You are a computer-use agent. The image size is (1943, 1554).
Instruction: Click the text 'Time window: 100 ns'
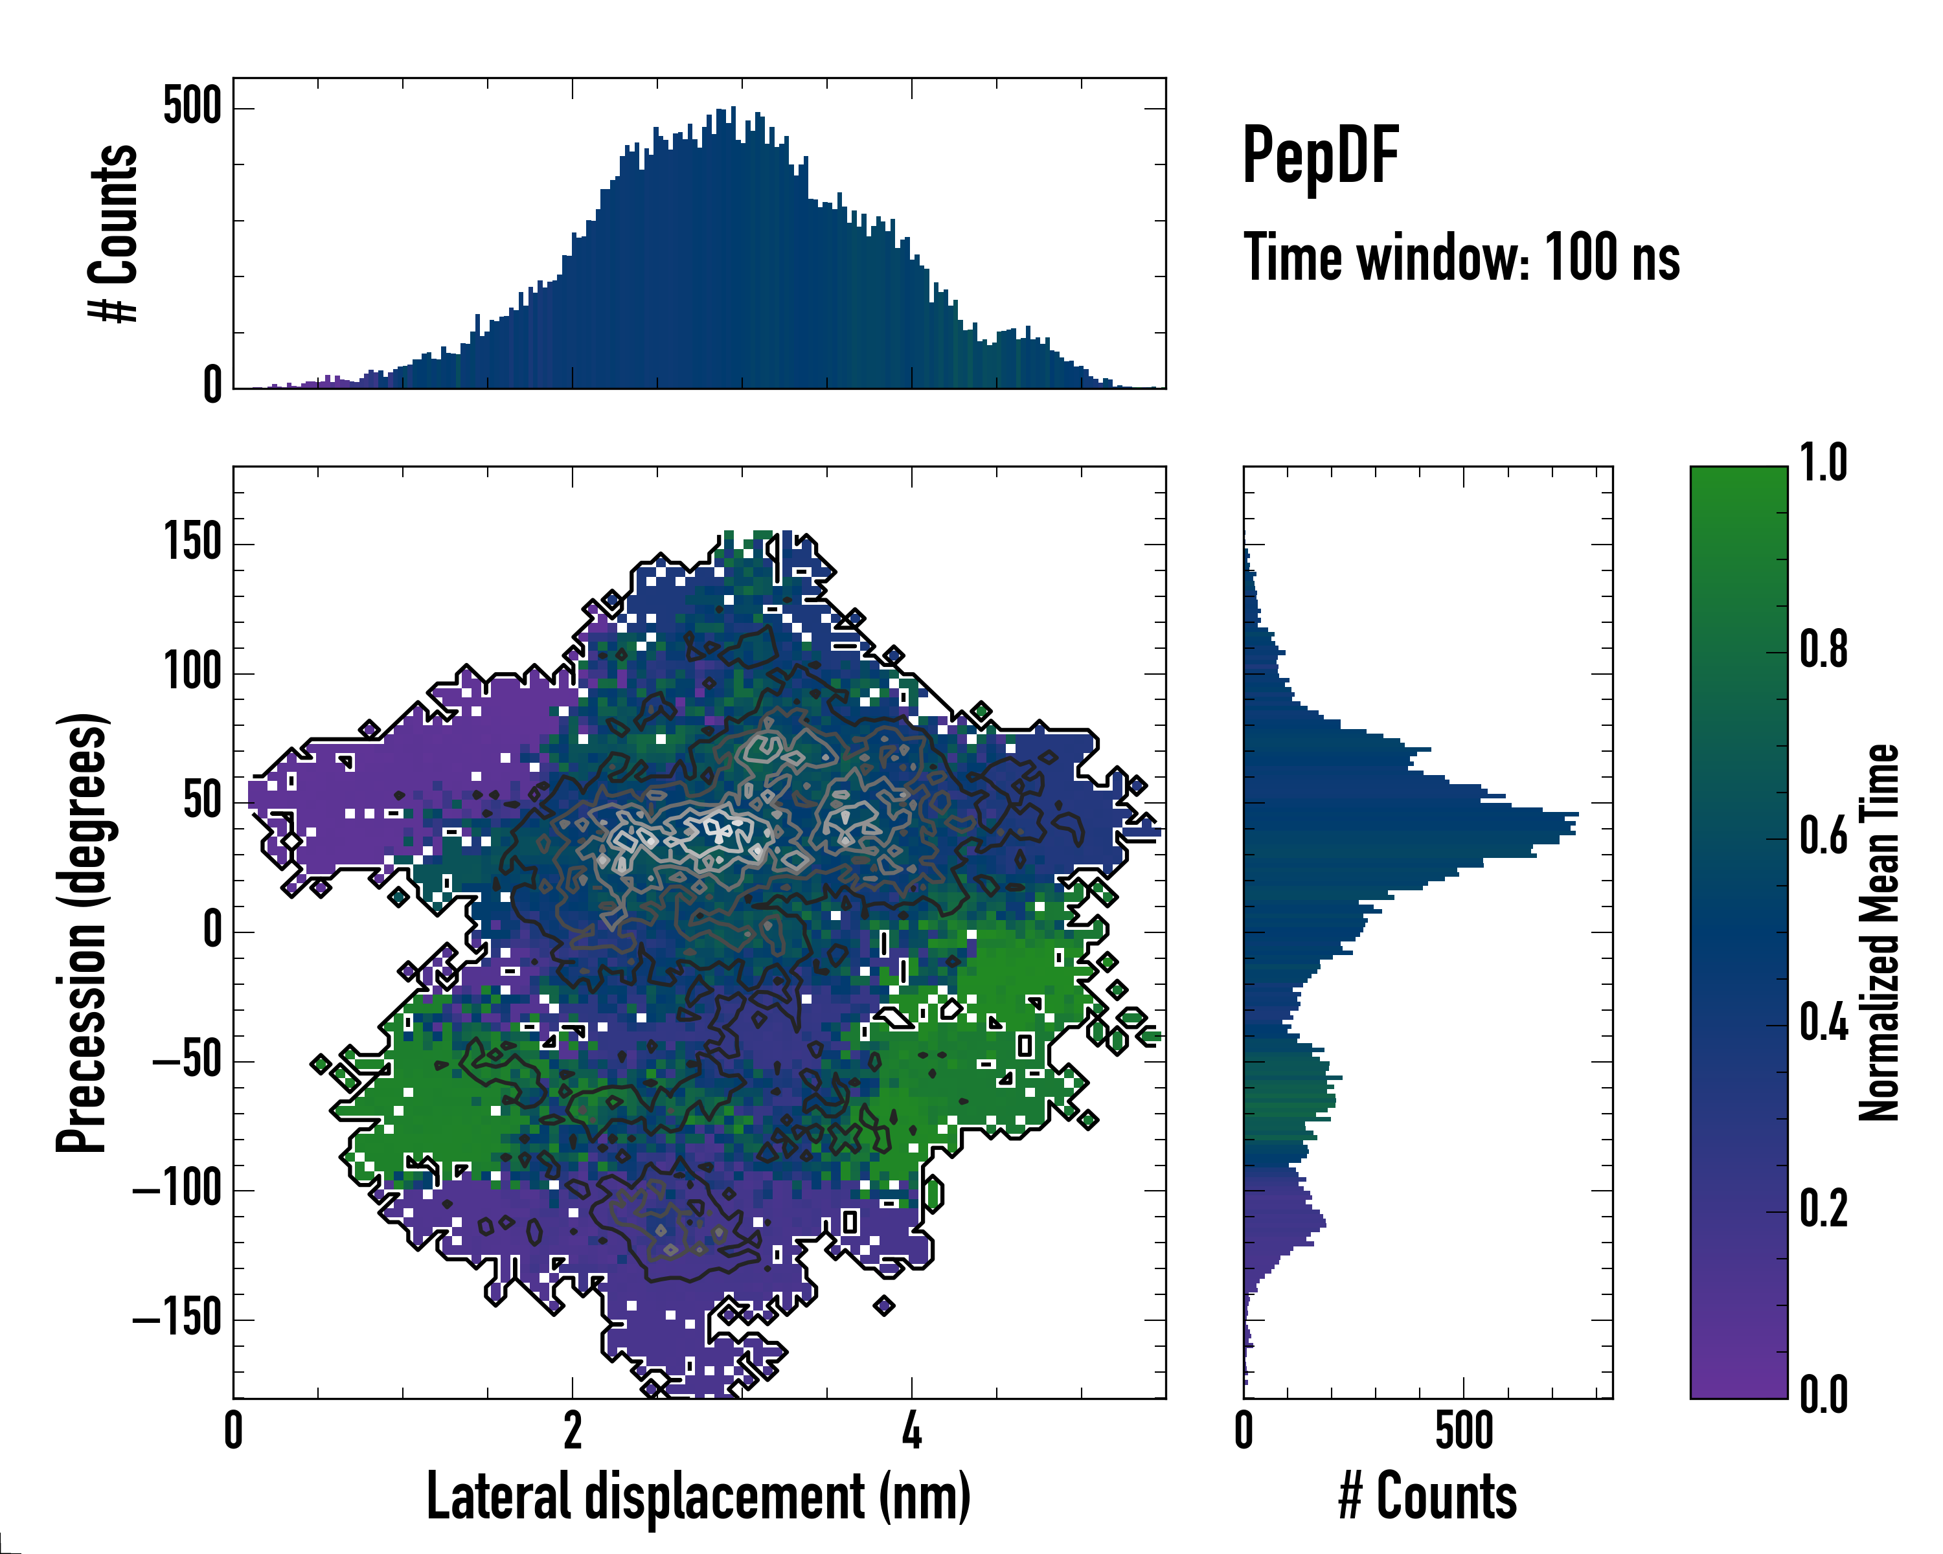(x=1461, y=258)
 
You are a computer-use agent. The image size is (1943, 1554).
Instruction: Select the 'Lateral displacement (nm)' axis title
(x=698, y=1497)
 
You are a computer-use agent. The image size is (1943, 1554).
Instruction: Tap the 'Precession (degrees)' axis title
(x=82, y=932)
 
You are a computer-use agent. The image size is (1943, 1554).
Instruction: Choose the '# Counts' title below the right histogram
(x=1427, y=1497)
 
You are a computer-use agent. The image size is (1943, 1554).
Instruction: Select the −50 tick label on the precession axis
(x=187, y=1061)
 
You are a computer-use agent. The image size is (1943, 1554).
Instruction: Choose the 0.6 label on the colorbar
(x=1823, y=837)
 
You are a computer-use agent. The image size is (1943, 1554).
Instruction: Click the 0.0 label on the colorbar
(x=1823, y=1395)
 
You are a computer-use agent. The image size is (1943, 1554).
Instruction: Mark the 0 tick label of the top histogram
(x=212, y=385)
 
